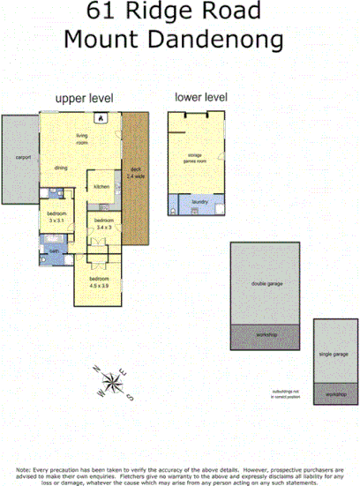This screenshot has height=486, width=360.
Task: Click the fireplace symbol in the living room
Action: [x=100, y=117]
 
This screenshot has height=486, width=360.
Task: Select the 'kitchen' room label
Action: [x=101, y=187]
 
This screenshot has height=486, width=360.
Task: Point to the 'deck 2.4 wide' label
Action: [x=136, y=175]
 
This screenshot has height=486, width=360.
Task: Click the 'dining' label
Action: [x=62, y=167]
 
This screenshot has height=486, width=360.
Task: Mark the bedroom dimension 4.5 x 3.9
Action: [x=99, y=284]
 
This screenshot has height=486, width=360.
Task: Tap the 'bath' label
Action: [x=53, y=250]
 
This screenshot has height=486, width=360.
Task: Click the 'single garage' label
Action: [x=334, y=353]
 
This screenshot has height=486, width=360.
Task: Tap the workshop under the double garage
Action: [x=267, y=336]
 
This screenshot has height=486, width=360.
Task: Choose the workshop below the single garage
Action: [x=334, y=394]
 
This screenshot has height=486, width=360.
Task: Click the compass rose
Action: [x=113, y=382]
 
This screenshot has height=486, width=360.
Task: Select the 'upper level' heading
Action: [x=85, y=99]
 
